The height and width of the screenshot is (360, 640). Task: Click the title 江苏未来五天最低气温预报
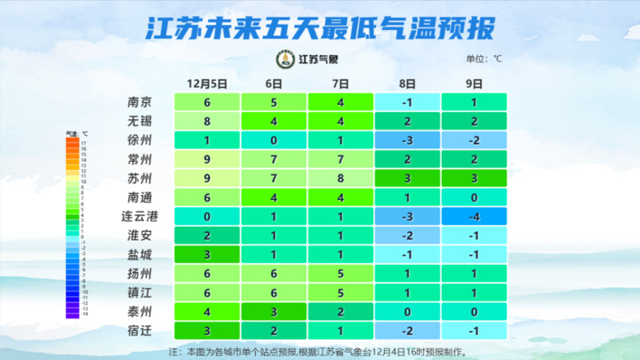click(x=319, y=29)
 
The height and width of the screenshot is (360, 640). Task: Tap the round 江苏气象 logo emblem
click(x=285, y=60)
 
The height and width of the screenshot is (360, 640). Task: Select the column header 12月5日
click(x=207, y=83)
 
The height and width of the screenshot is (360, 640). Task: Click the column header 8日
click(x=407, y=83)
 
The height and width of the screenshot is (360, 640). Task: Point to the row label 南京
click(x=140, y=101)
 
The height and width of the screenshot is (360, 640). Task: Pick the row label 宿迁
click(x=140, y=331)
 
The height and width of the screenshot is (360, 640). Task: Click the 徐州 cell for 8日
click(x=407, y=140)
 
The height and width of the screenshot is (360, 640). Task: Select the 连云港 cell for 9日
click(x=474, y=216)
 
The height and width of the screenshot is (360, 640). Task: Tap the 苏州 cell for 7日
click(x=340, y=178)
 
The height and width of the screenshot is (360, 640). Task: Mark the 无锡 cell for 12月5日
click(x=206, y=121)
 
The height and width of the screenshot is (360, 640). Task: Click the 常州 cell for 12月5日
click(x=206, y=159)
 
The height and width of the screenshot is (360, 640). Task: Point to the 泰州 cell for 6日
click(x=274, y=312)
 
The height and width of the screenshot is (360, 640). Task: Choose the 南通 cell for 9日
click(x=474, y=197)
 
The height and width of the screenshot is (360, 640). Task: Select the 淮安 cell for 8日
click(x=407, y=236)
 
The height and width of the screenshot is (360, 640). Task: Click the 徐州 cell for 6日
click(x=274, y=140)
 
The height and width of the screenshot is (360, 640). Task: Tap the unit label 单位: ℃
click(x=484, y=59)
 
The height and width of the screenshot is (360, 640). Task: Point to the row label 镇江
click(x=140, y=292)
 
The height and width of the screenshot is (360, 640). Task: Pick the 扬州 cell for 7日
click(x=340, y=274)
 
